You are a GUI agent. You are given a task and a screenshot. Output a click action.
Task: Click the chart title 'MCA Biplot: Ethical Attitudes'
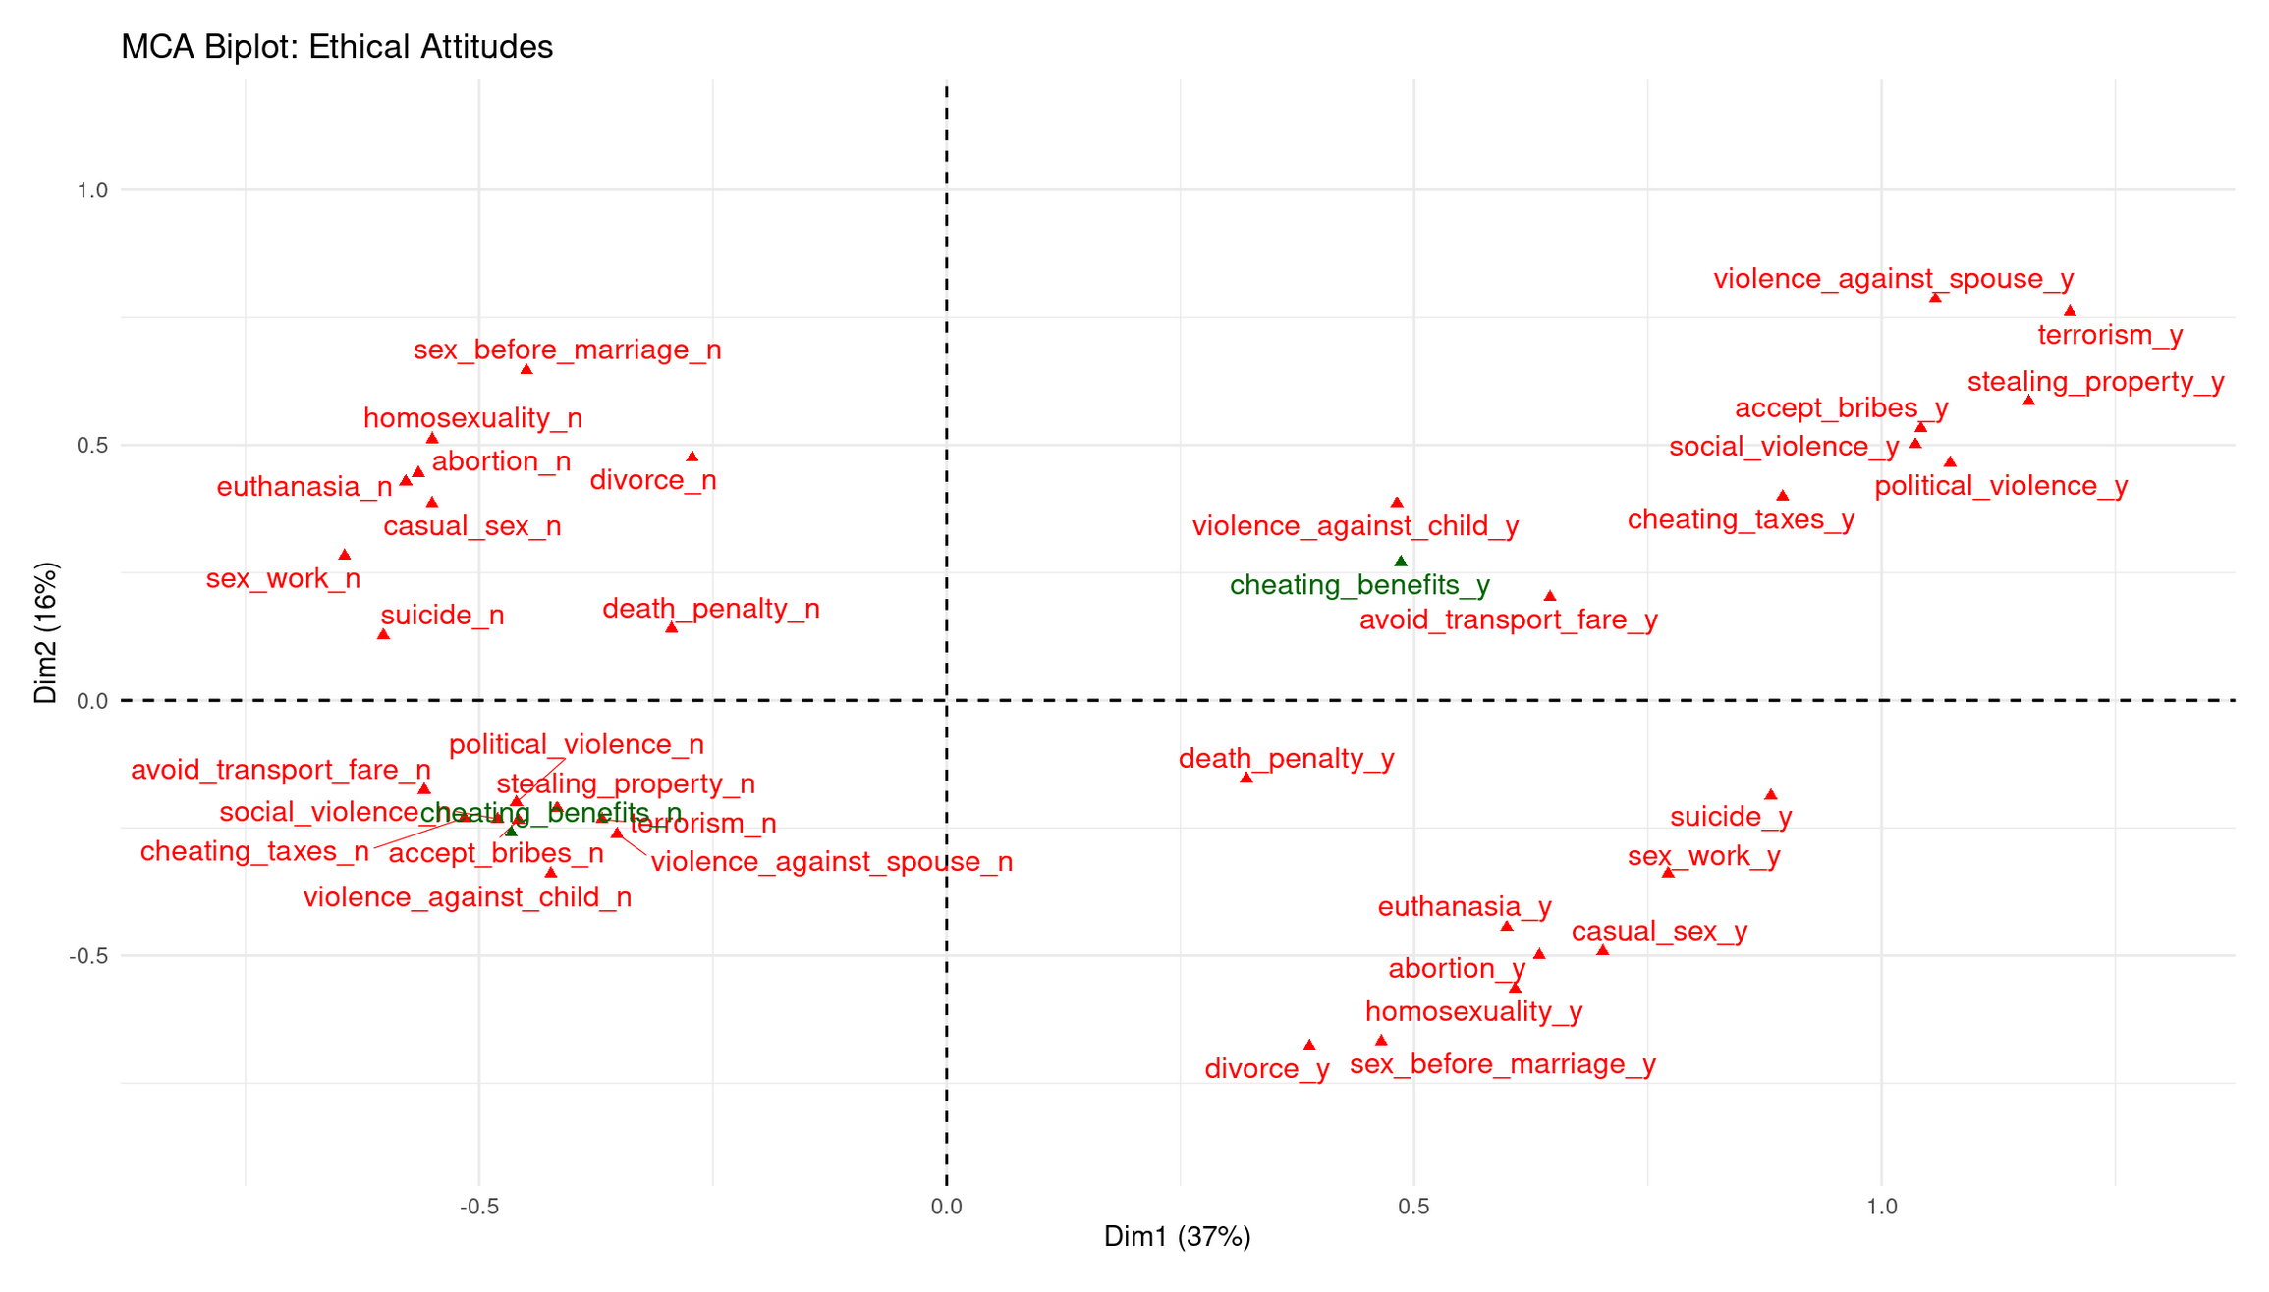coord(336,47)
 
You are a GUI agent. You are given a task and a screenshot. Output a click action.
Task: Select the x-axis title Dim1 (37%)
coord(1177,1236)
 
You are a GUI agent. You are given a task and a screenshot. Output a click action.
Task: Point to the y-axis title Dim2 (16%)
coord(46,632)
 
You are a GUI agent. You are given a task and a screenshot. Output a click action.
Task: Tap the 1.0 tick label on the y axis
coord(92,190)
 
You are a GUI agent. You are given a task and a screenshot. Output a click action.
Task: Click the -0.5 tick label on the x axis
coord(478,1207)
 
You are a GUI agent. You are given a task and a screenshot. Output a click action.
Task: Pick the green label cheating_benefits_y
coord(1359,585)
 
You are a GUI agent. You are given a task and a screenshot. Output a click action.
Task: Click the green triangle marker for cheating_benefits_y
coord(1401,562)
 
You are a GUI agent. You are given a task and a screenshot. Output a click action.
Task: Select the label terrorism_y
coord(2110,335)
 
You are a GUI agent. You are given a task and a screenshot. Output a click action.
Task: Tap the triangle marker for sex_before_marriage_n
coord(526,370)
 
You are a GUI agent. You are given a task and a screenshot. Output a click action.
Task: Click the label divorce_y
coord(1266,1068)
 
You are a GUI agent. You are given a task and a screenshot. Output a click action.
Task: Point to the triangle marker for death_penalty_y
coord(1246,778)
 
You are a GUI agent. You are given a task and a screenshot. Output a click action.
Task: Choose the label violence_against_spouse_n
coord(831,862)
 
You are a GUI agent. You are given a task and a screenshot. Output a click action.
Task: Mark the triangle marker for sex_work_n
coord(345,556)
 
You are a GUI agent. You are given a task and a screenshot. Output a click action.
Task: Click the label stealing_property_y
coord(2095,382)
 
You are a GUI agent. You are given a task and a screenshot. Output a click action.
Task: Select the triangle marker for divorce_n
coord(692,458)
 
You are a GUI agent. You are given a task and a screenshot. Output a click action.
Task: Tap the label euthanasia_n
coord(304,487)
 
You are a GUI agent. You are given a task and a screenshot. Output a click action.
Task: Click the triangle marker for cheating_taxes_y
coord(1782,496)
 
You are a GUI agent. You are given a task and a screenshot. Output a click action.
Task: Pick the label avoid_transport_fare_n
coord(280,770)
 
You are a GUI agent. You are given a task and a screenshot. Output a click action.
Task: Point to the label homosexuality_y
coord(1473,1011)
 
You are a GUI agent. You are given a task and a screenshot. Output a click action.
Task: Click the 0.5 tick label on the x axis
coord(1413,1207)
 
